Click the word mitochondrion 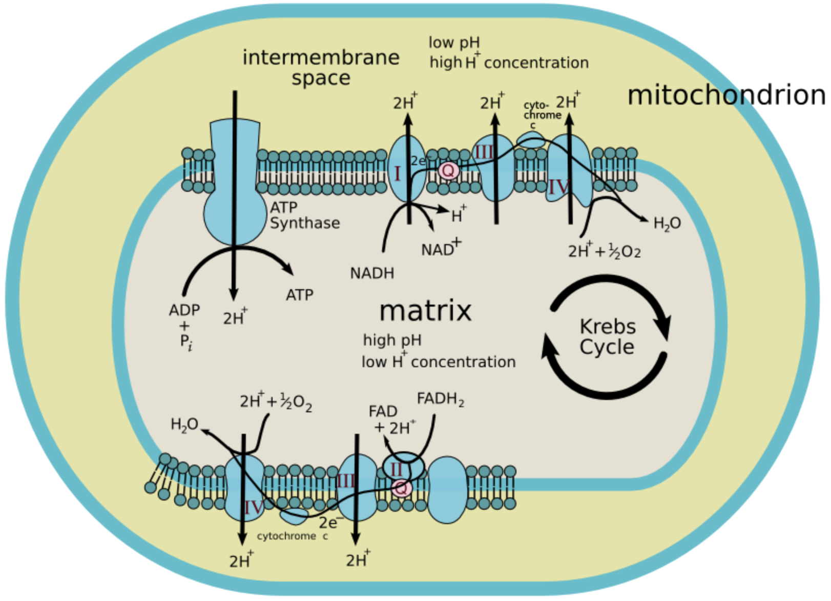pyautogui.click(x=726, y=95)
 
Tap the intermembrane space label pyautogui.click(x=321, y=67)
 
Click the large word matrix pyautogui.click(x=425, y=311)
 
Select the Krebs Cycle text pyautogui.click(x=608, y=336)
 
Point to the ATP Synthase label pyautogui.click(x=304, y=215)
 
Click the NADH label pyautogui.click(x=372, y=273)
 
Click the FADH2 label pyautogui.click(x=441, y=399)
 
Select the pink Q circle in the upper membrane pyautogui.click(x=448, y=170)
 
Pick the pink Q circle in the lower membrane pyautogui.click(x=401, y=488)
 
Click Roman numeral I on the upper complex pyautogui.click(x=397, y=174)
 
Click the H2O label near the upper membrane pyautogui.click(x=667, y=224)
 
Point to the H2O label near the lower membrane pyautogui.click(x=184, y=425)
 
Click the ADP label pyautogui.click(x=184, y=310)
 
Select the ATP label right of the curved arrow pyautogui.click(x=300, y=295)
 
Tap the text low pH pyautogui.click(x=454, y=43)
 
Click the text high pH pyautogui.click(x=392, y=340)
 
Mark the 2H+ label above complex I pyautogui.click(x=405, y=103)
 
